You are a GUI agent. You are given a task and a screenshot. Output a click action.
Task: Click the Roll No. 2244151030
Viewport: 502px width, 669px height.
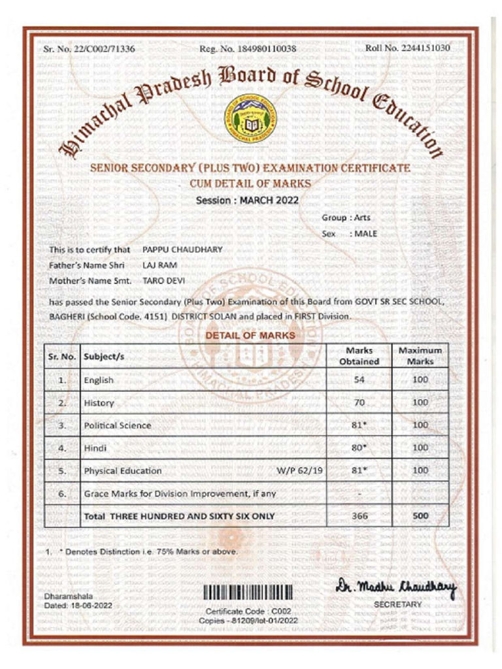(x=407, y=48)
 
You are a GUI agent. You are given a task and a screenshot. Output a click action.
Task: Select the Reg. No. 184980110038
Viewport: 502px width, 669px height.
(x=248, y=49)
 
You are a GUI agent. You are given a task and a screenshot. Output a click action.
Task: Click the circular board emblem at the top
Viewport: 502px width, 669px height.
(x=250, y=122)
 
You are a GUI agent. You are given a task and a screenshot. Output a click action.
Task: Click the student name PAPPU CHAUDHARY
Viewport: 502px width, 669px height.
(x=182, y=250)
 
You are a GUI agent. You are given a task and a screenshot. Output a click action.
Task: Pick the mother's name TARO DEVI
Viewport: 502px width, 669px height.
(x=163, y=281)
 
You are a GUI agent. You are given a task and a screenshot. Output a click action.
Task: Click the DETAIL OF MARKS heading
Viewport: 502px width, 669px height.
(x=250, y=335)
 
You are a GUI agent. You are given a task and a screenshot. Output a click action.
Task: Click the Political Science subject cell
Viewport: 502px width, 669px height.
(x=118, y=425)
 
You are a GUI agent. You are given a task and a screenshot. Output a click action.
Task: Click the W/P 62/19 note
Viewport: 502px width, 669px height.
(x=301, y=470)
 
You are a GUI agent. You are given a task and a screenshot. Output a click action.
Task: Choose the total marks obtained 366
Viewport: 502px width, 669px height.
(x=360, y=516)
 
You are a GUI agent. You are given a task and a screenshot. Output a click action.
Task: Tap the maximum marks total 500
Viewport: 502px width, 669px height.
(x=420, y=516)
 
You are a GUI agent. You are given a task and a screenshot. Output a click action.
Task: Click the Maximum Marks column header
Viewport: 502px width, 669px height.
(x=420, y=356)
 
